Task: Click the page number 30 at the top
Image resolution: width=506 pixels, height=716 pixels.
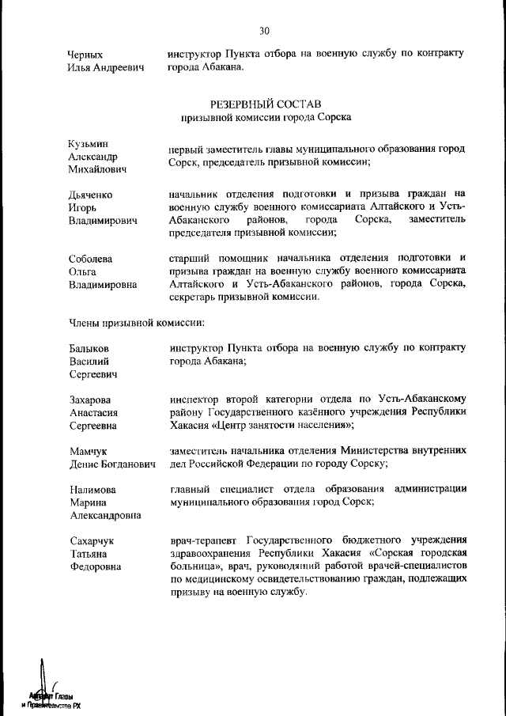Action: [264, 31]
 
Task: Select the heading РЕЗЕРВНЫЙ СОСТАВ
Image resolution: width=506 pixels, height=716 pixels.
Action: [265, 104]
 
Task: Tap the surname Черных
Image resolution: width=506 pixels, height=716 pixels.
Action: [85, 55]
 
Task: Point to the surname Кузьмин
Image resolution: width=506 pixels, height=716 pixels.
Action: [87, 143]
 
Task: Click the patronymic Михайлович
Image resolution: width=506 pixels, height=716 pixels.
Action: [99, 170]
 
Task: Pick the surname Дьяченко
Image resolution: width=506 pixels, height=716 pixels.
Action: [90, 195]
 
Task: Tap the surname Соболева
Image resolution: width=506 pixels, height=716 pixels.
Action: [91, 258]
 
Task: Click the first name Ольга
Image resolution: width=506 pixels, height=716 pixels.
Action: [81, 271]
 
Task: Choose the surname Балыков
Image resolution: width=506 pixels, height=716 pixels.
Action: [89, 348]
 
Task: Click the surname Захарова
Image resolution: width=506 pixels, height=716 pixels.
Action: [89, 400]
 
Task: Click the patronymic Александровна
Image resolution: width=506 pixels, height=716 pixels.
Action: [104, 516]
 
